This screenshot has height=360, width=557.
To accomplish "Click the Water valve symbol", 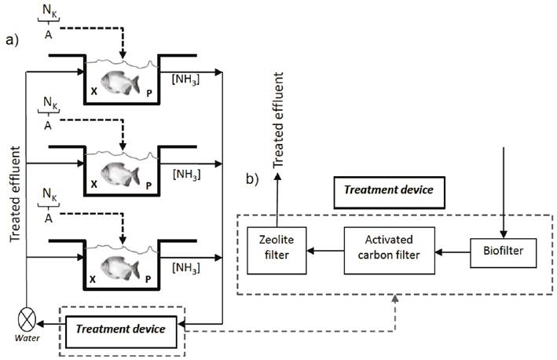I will pyautogui.click(x=27, y=322).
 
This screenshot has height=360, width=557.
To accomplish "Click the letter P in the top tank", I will pyautogui.click(x=149, y=92).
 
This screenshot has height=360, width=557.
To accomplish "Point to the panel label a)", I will pyautogui.click(x=13, y=40).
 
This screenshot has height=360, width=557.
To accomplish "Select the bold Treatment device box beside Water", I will pyautogui.click(x=126, y=328).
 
